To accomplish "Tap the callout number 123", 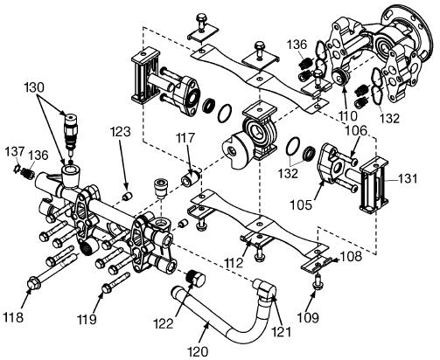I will point(121,132).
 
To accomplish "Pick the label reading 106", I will point(356,132).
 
